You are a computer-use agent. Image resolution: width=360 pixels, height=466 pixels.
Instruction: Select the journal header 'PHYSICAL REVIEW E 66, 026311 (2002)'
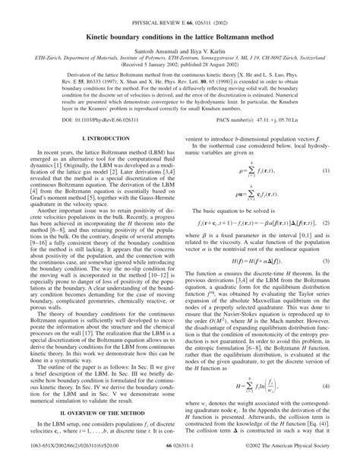[x=180, y=6]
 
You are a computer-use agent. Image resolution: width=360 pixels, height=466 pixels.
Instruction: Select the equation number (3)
[x=346, y=284]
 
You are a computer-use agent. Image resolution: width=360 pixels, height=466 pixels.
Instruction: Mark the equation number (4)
[x=346, y=390]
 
